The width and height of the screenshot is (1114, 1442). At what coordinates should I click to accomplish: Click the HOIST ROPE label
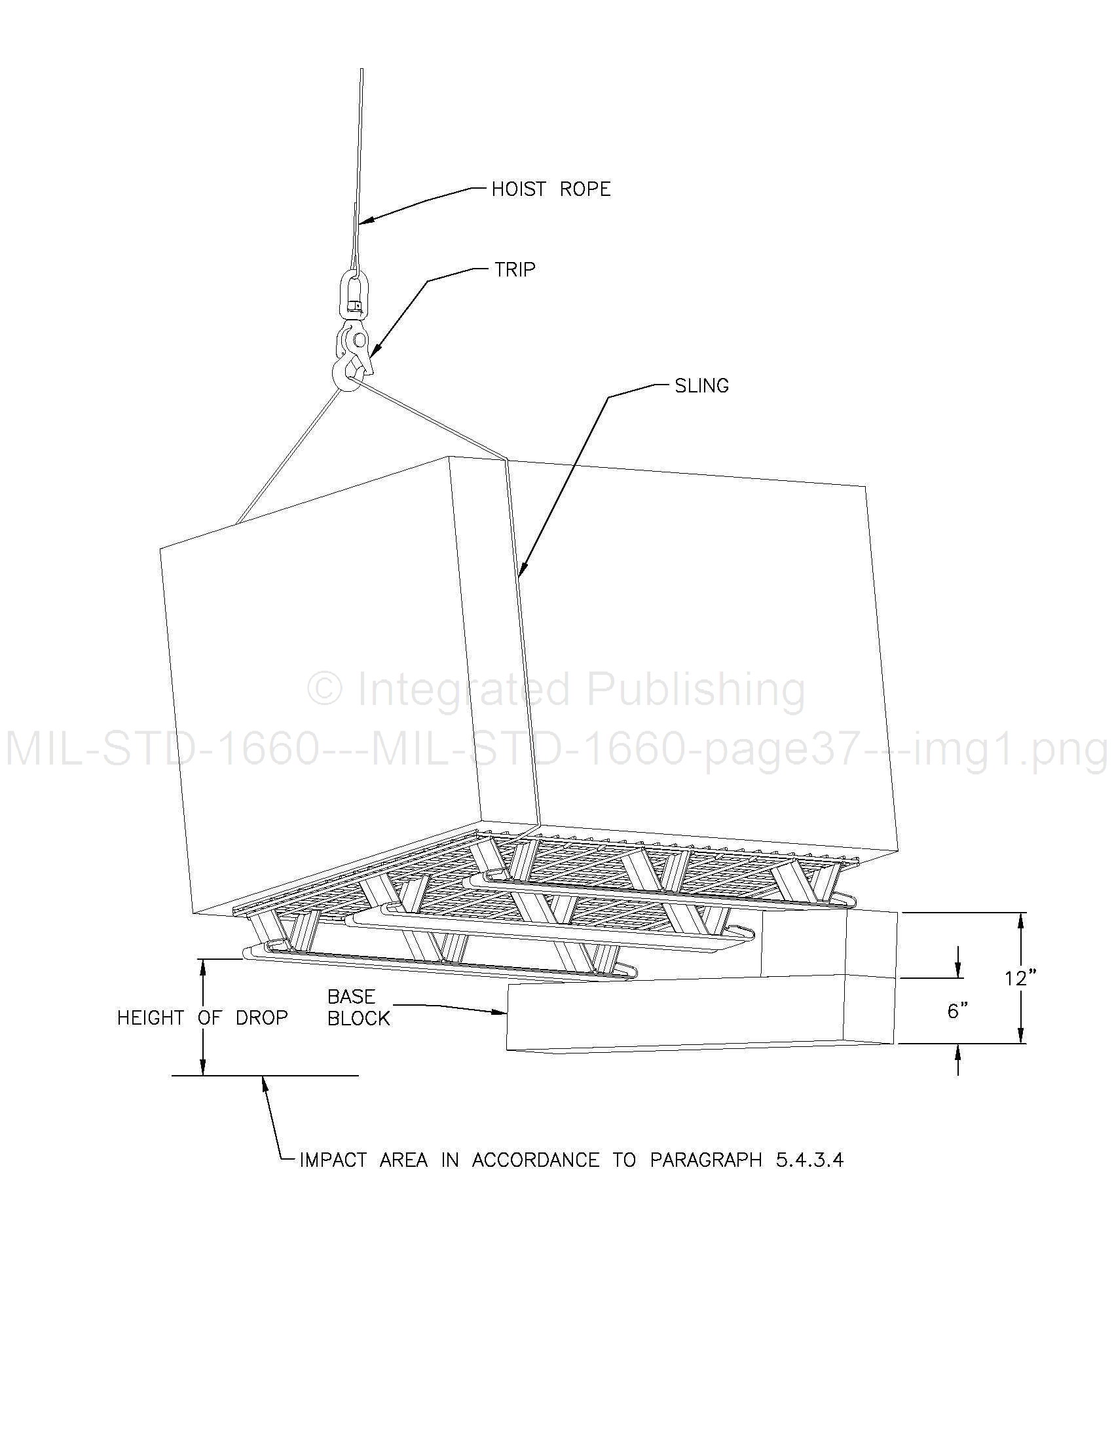click(x=550, y=189)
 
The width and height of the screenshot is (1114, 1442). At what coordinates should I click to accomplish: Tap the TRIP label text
click(x=515, y=269)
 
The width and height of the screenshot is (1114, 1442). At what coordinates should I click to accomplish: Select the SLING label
click(x=701, y=386)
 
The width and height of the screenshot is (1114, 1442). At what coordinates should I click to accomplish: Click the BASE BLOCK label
click(x=358, y=1008)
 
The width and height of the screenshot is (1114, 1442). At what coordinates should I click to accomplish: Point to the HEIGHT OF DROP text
click(x=202, y=1017)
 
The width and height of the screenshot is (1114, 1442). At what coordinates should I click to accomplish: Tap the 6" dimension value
click(x=957, y=1010)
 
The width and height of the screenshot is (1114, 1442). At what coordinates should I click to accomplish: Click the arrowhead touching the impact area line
click(x=265, y=1085)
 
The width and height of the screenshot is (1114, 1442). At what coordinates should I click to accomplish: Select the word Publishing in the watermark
click(x=696, y=691)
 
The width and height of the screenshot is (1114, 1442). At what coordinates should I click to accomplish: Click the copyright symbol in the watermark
click(x=325, y=688)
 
